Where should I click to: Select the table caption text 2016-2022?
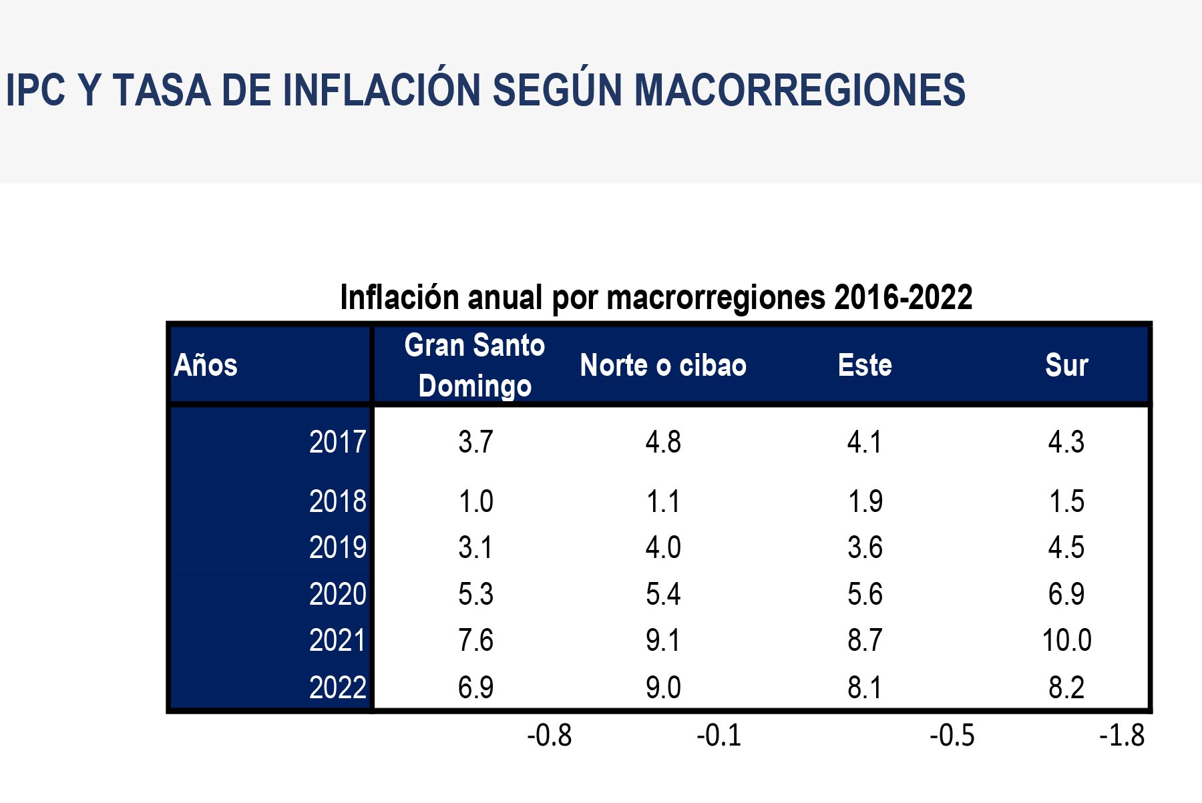coord(903,297)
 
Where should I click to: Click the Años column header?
coord(206,365)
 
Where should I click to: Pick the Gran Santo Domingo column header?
coord(475,365)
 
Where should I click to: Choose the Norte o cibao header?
coord(663,365)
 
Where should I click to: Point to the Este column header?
coord(865,365)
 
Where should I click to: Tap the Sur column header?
coord(1066,365)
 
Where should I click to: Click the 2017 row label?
coord(337,442)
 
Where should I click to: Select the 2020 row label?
coord(337,594)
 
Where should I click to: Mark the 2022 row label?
coord(337,688)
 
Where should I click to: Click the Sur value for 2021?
coord(1066,641)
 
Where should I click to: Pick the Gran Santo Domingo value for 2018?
coord(475,501)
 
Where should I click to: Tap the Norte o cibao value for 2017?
coord(663,442)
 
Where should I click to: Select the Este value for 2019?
coord(865,547)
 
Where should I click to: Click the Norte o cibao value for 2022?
coord(663,688)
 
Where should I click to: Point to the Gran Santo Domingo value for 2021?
coord(475,641)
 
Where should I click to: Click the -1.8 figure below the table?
coord(1122,736)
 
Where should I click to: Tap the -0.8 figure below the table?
coord(550,736)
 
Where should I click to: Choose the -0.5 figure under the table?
coord(952,736)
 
